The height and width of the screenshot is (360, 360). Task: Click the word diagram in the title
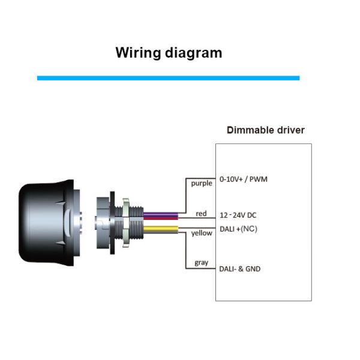tap(192, 53)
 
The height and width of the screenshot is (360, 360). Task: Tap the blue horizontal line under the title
tap(168, 78)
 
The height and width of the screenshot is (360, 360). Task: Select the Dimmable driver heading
tap(265, 130)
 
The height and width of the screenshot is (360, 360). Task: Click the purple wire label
tap(202, 183)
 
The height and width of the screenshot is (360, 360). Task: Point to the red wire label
tap(202, 214)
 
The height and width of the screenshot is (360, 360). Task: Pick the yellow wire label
tap(202, 233)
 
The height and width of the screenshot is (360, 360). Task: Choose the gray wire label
tap(201, 263)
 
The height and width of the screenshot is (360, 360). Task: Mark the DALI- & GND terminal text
tap(241, 269)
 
